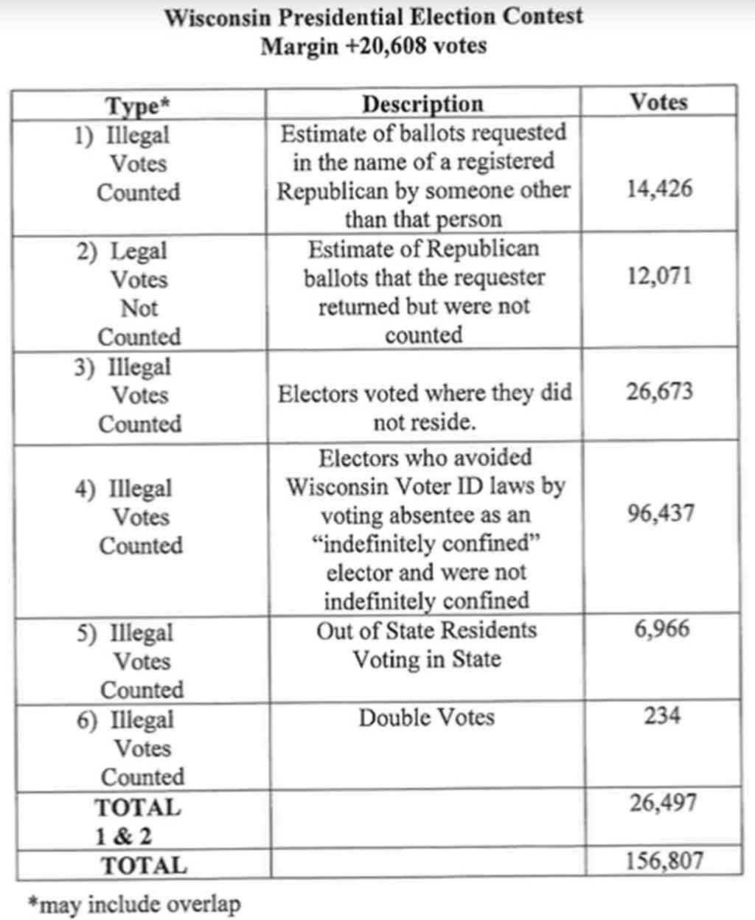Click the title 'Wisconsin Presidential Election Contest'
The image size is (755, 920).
pyautogui.click(x=373, y=16)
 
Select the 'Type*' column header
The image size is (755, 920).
pyautogui.click(x=138, y=106)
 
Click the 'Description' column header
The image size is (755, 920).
pyautogui.click(x=422, y=104)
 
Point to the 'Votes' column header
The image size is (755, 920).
pyautogui.click(x=658, y=102)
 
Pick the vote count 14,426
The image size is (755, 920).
pyautogui.click(x=660, y=189)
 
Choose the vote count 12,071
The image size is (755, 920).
pyautogui.click(x=660, y=276)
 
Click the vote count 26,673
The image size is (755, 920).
pyautogui.click(x=660, y=391)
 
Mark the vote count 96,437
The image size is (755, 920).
pyautogui.click(x=661, y=513)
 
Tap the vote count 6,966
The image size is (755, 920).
pyautogui.click(x=662, y=629)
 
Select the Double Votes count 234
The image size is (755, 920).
pyautogui.click(x=662, y=715)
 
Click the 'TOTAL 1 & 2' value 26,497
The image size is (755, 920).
pyautogui.click(x=663, y=803)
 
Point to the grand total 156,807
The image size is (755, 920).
pyautogui.click(x=664, y=860)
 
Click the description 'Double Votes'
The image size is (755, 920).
pyautogui.click(x=426, y=717)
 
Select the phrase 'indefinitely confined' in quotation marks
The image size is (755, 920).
pyautogui.click(x=426, y=544)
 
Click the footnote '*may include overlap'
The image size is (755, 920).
pyautogui.click(x=133, y=904)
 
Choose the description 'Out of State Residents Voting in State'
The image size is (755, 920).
pyautogui.click(x=426, y=644)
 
